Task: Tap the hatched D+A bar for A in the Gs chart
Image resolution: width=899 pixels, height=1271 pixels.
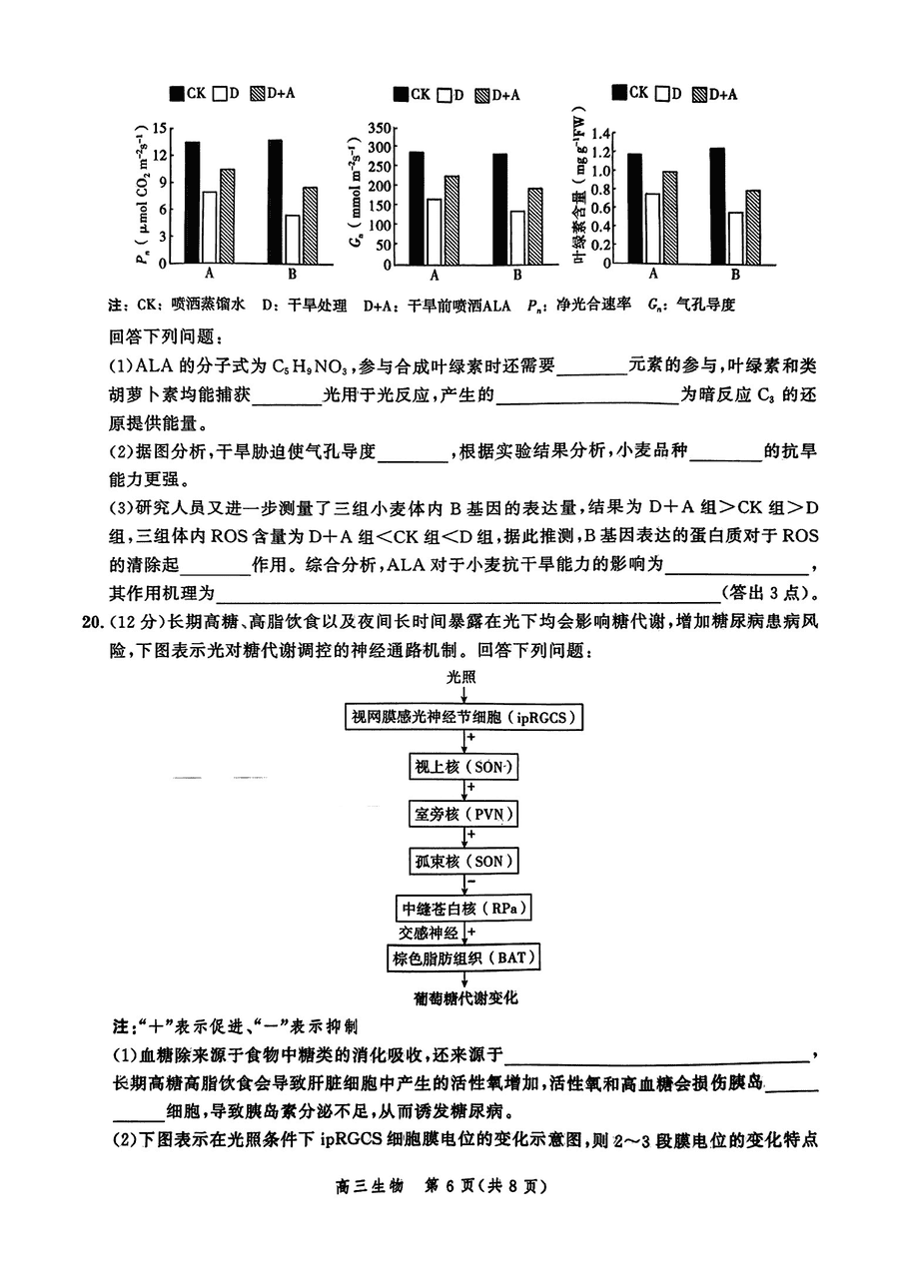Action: [451, 219]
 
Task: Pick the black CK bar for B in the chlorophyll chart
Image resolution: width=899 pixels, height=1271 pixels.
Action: [715, 205]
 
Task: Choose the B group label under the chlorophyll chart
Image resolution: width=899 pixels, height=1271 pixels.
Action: [735, 275]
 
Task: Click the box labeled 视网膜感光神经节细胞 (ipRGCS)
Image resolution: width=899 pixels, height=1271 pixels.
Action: [463, 717]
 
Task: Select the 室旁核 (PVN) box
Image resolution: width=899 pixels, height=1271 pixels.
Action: [463, 814]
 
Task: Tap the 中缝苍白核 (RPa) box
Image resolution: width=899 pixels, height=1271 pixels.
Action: [463, 909]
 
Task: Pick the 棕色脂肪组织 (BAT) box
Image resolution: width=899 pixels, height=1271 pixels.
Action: [463, 958]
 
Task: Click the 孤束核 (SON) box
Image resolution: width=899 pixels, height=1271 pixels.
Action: [463, 862]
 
